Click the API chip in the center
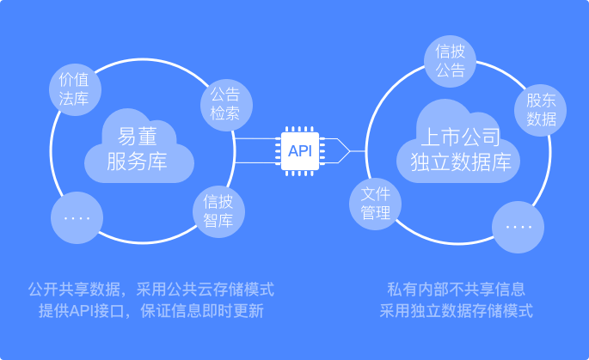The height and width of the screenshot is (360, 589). pos(300,151)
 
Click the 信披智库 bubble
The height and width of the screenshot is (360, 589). pos(219,211)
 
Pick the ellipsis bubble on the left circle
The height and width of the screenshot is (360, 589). pos(77,217)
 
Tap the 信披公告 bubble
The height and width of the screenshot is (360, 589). pos(450,60)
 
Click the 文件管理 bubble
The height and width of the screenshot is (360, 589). pos(376,202)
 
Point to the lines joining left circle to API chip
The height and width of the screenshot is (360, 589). pos(256,151)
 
